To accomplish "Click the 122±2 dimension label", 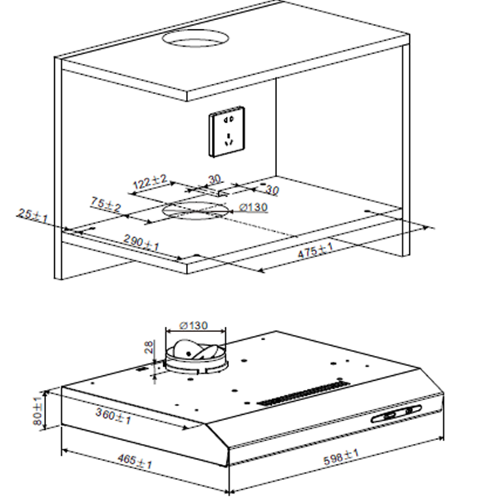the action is click(150, 181).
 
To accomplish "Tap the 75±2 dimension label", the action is click(106, 205).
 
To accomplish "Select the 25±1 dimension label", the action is click(32, 215).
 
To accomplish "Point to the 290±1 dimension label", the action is click(141, 243).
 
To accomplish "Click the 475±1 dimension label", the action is click(315, 250).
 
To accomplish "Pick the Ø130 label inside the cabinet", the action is click(254, 207).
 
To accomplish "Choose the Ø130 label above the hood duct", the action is click(194, 325).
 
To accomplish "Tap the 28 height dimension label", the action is click(149, 347).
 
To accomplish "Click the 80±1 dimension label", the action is click(37, 411).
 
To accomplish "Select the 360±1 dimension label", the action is click(113, 417).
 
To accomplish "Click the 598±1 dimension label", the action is click(341, 457).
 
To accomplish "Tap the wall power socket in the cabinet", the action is click(226, 131).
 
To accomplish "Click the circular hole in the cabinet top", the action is click(195, 39).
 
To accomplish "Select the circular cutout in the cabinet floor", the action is click(195, 210).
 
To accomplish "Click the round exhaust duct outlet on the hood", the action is click(196, 357).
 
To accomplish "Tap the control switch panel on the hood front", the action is click(397, 413).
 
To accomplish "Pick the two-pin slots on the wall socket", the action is click(229, 120).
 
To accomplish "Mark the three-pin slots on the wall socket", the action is click(229, 140).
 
